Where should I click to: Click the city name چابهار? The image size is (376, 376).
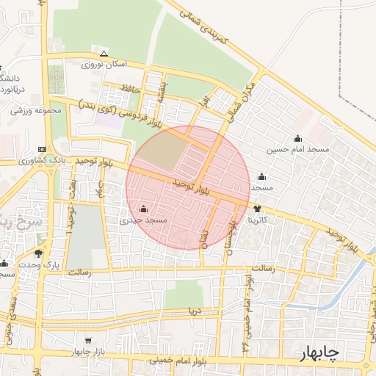point(319,354)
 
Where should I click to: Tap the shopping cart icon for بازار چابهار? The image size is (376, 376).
point(89,341)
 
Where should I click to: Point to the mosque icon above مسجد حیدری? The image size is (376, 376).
point(142,208)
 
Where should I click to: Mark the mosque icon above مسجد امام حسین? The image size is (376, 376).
point(297,139)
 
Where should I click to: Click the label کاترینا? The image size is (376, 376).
point(262,219)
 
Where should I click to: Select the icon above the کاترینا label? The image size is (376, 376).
point(256,209)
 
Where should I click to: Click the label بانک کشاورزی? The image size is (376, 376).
point(73,159)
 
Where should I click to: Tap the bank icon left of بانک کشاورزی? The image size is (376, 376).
point(42,148)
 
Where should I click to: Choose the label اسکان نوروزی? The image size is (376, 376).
point(104,65)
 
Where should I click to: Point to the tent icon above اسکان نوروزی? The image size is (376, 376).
point(104,54)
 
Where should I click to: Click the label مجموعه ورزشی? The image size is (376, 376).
point(34,111)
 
